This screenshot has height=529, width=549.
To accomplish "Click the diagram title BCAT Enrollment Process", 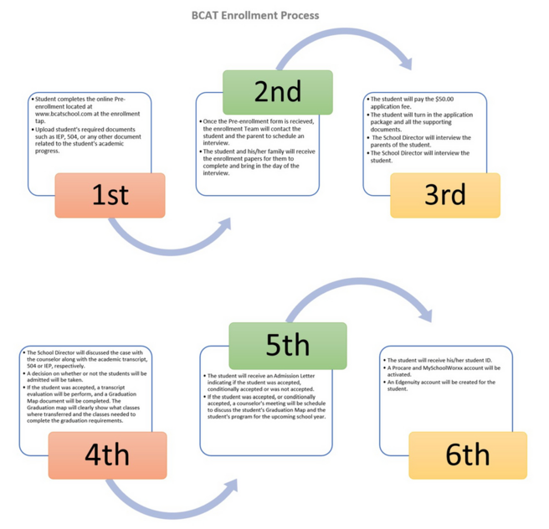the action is pyautogui.click(x=255, y=15).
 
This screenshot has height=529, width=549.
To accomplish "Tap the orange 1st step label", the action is pyautogui.click(x=110, y=195).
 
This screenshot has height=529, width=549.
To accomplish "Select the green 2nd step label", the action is pyautogui.click(x=278, y=92).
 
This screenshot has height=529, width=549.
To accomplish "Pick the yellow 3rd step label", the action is pyautogui.click(x=445, y=195).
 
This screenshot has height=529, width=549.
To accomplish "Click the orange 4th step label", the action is pyautogui.click(x=107, y=455).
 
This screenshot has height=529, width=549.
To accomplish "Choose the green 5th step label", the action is pyautogui.click(x=288, y=346).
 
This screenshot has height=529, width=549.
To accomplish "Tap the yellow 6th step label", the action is pyautogui.click(x=468, y=455).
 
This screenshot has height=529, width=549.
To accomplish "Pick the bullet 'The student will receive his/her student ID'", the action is pyautogui.click(x=438, y=360).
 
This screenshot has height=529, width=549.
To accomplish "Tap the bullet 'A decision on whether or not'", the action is pyautogui.click(x=85, y=377).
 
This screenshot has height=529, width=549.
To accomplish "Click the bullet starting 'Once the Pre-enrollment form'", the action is pyautogui.click(x=257, y=132).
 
